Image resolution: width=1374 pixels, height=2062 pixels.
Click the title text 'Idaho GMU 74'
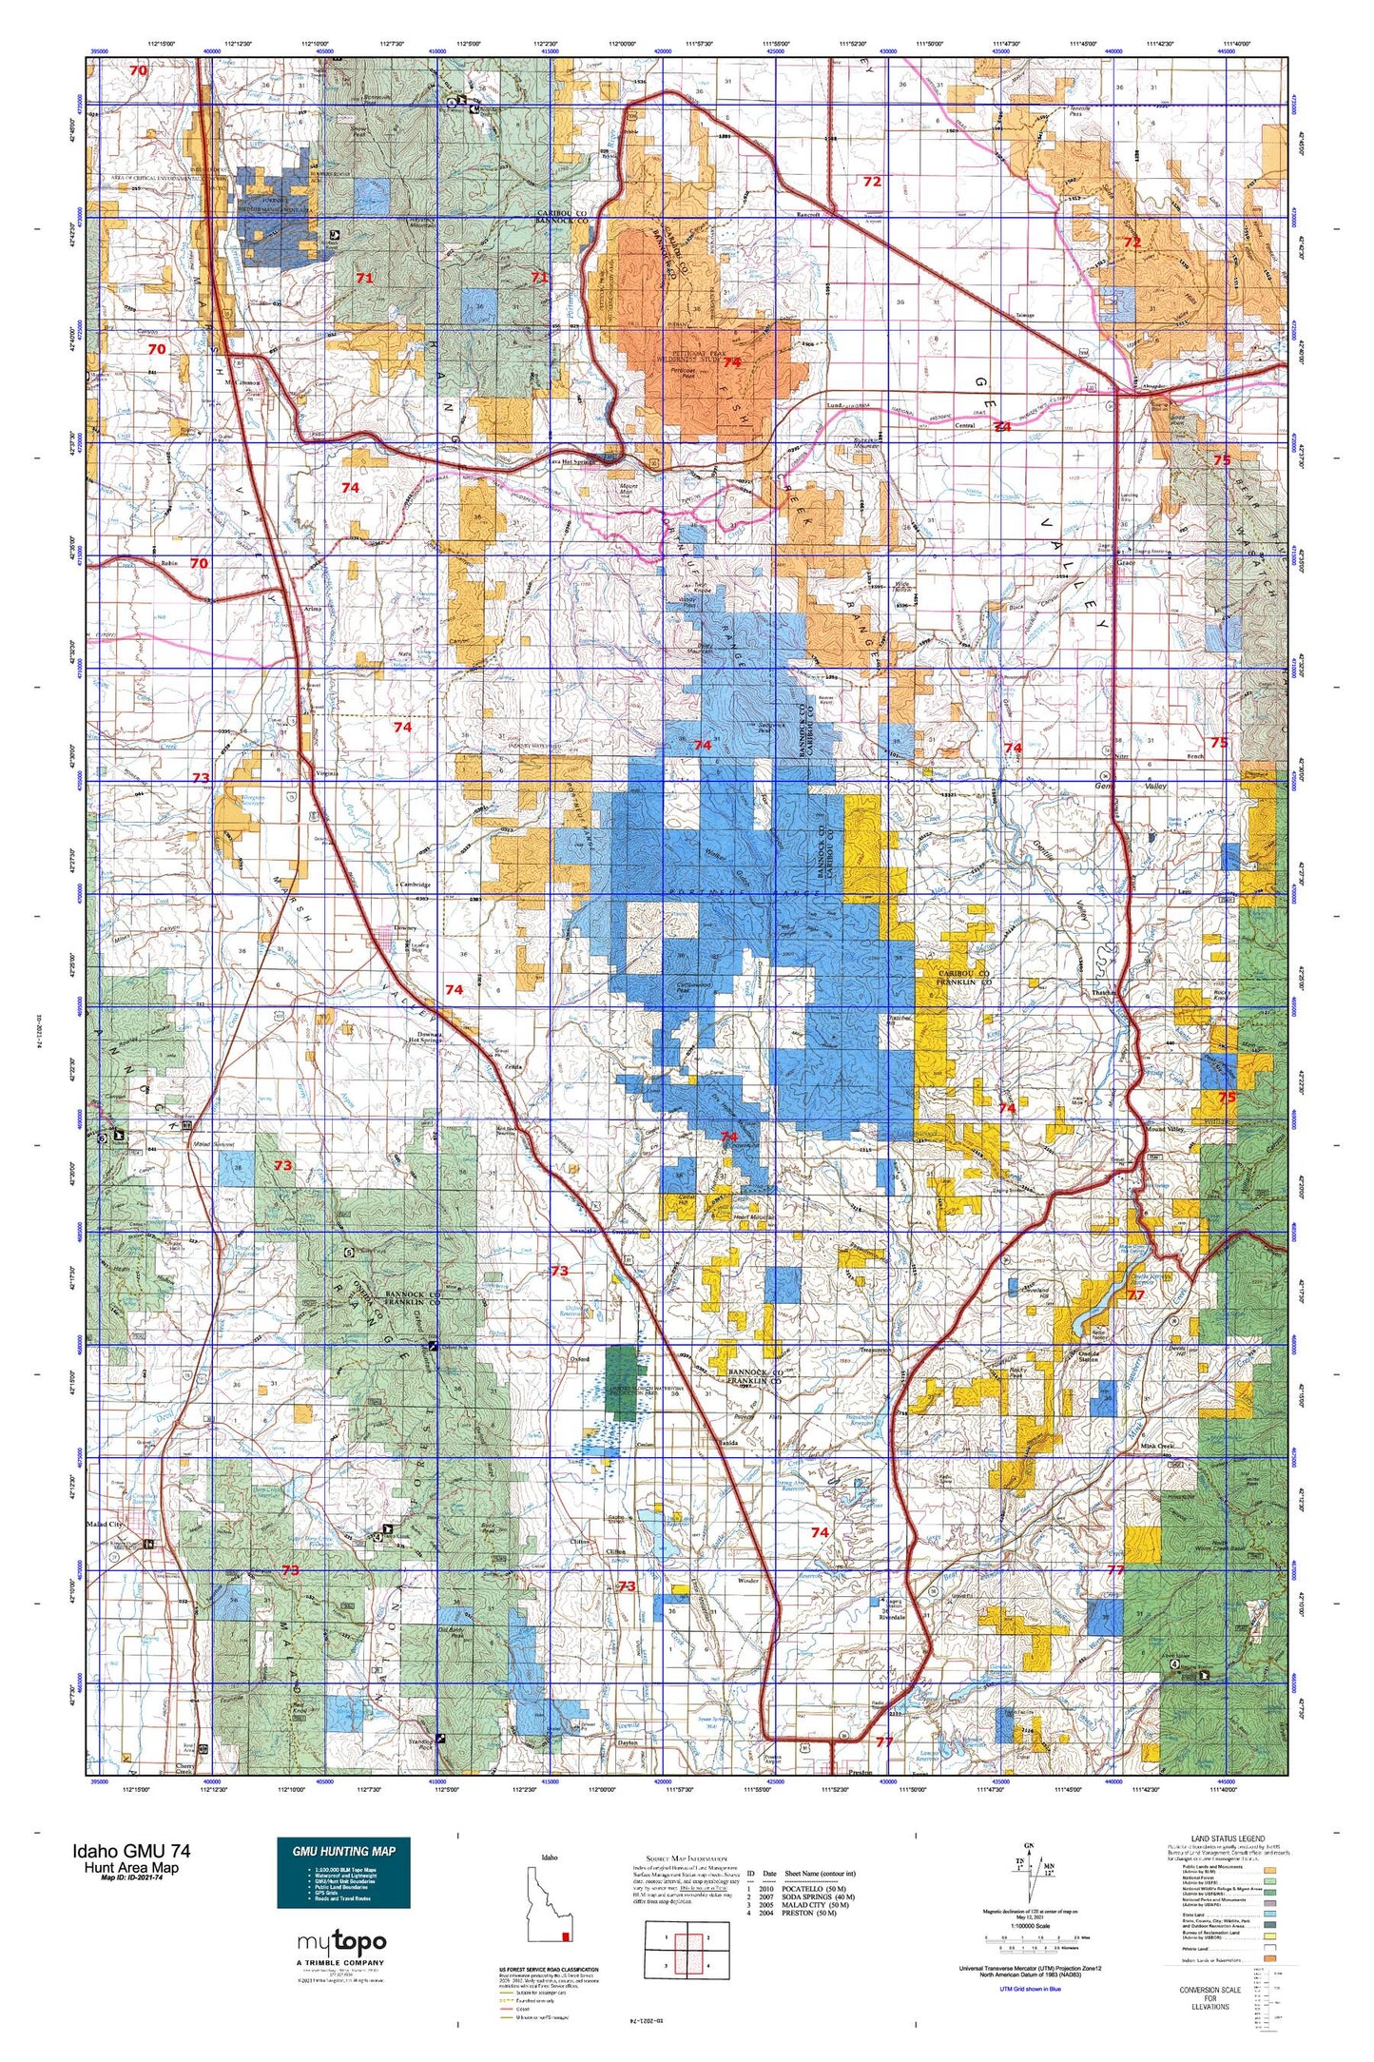coord(130,1851)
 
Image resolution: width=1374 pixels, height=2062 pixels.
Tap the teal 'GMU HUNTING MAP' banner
coord(343,1851)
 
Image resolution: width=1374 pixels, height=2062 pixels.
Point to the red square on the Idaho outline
coord(568,1936)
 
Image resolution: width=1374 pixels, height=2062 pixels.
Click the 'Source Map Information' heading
coord(687,1858)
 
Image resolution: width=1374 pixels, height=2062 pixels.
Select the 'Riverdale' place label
coord(893,1616)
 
